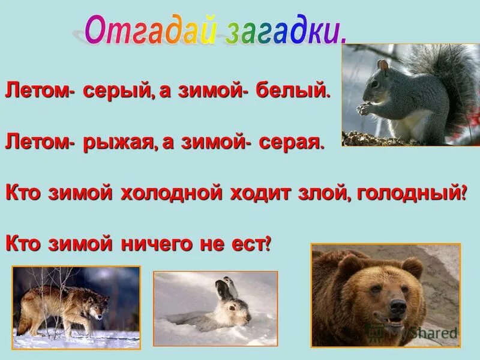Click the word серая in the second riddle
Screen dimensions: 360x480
point(292,143)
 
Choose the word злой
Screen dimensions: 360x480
point(325,193)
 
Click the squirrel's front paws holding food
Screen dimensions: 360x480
point(364,109)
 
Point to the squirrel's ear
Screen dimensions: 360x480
point(382,64)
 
